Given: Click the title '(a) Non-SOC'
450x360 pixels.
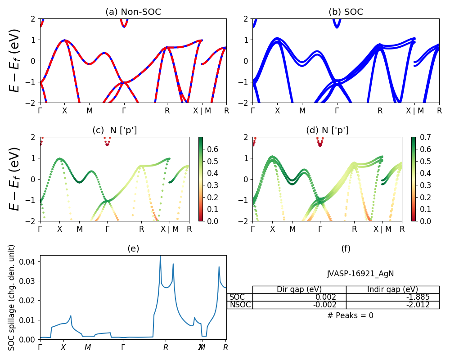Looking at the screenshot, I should [x=133, y=12].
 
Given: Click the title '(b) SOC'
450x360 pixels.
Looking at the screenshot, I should [x=346, y=12].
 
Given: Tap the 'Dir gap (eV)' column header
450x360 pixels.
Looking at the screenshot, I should [x=299, y=289].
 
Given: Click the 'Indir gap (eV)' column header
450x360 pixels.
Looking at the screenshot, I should [x=393, y=289].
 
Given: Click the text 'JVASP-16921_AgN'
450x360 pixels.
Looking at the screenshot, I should [x=360, y=274].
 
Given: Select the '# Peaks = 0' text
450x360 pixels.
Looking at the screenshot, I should [x=350, y=315].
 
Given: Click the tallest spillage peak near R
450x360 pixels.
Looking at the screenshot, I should [x=160, y=256].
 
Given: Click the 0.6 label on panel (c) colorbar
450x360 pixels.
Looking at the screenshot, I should [x=213, y=149].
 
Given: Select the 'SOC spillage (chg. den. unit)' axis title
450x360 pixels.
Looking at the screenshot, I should [x=12, y=297].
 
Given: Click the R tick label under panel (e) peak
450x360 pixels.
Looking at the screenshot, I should [x=166, y=347].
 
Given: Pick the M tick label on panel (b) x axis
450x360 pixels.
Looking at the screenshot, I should [x=302, y=110].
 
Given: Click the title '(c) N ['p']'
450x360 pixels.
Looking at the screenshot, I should [x=114, y=130].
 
